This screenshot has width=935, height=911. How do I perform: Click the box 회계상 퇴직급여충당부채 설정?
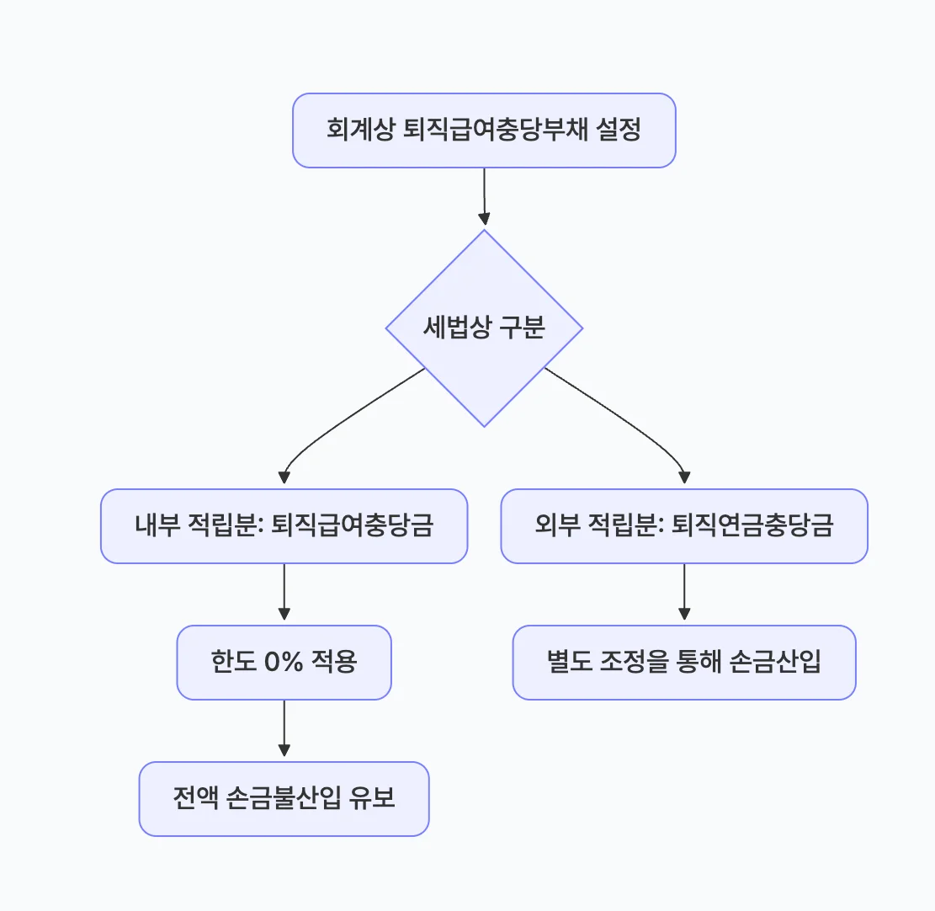pos(484,131)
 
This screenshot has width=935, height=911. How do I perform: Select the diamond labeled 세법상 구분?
pos(484,328)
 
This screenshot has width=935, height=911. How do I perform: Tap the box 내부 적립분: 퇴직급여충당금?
pos(284,526)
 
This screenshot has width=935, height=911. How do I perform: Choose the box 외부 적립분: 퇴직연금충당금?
pos(683,526)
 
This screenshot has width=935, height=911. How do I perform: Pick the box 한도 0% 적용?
pos(284,662)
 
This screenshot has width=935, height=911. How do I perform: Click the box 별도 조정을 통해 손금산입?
pos(683,662)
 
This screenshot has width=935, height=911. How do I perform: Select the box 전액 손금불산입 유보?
pos(284,798)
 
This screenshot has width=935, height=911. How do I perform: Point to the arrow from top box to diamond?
pos(484,198)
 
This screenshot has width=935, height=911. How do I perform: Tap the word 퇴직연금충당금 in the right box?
pos(753,526)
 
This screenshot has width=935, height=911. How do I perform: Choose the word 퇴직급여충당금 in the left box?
pos(353,526)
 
